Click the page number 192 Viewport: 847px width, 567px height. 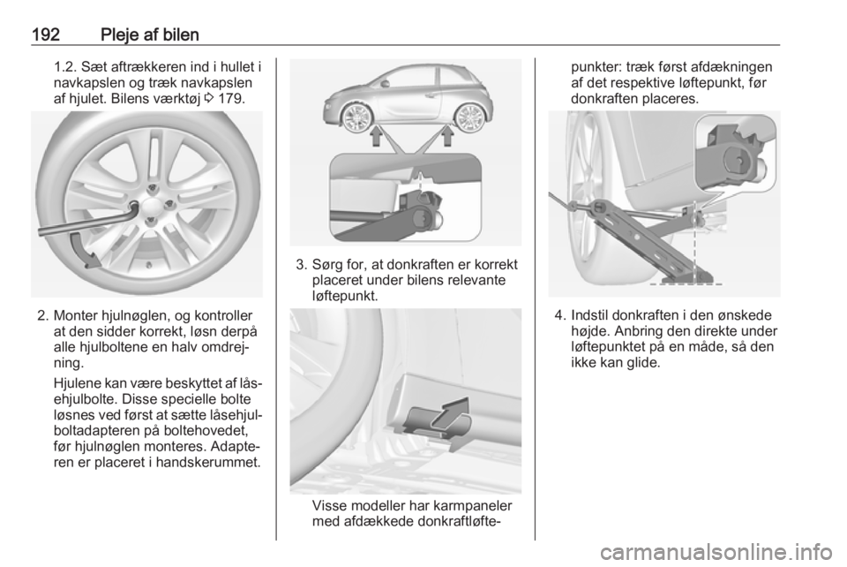coord(45,34)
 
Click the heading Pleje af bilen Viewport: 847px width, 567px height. coord(150,35)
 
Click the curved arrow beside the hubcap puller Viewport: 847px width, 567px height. coord(84,249)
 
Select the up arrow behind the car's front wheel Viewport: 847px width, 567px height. coord(377,136)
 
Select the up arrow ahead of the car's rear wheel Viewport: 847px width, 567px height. coord(446,136)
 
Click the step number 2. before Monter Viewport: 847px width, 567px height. coord(42,315)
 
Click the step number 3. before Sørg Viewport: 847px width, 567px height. coord(302,265)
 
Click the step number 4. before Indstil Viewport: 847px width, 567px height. coord(560,315)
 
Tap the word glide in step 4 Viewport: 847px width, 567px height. coord(643,363)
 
